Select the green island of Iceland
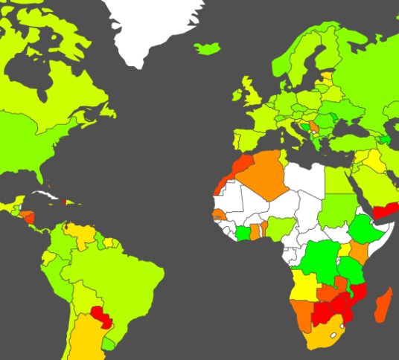[208, 48]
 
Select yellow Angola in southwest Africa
[305, 283]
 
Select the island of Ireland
[237, 96]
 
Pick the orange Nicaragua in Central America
[28, 217]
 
